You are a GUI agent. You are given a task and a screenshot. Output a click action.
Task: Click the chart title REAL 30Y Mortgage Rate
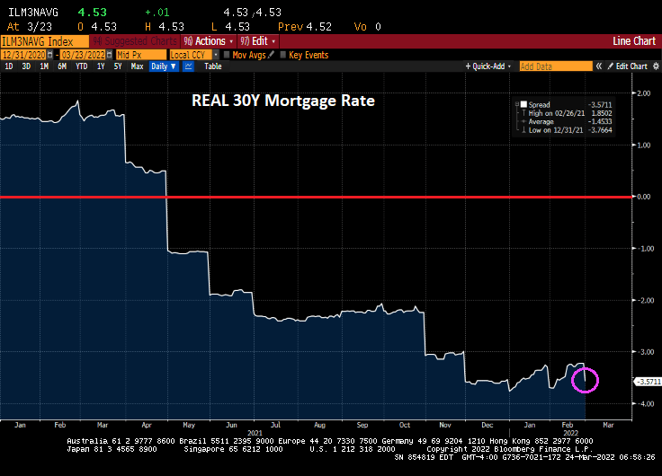[x=282, y=101]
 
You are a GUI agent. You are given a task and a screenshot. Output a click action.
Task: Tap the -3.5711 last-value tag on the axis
[x=647, y=382]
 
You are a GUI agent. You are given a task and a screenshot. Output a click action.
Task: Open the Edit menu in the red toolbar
[x=257, y=41]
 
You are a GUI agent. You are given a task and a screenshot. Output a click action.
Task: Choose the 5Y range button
[x=118, y=66]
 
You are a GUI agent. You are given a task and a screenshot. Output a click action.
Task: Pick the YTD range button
[x=81, y=66]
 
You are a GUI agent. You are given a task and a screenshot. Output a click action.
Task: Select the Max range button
[x=137, y=66]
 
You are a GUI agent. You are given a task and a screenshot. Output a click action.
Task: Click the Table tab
[x=212, y=66]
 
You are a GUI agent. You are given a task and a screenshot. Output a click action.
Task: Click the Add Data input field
[x=556, y=66]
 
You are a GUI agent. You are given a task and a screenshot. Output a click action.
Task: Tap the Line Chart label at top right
[x=633, y=41]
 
